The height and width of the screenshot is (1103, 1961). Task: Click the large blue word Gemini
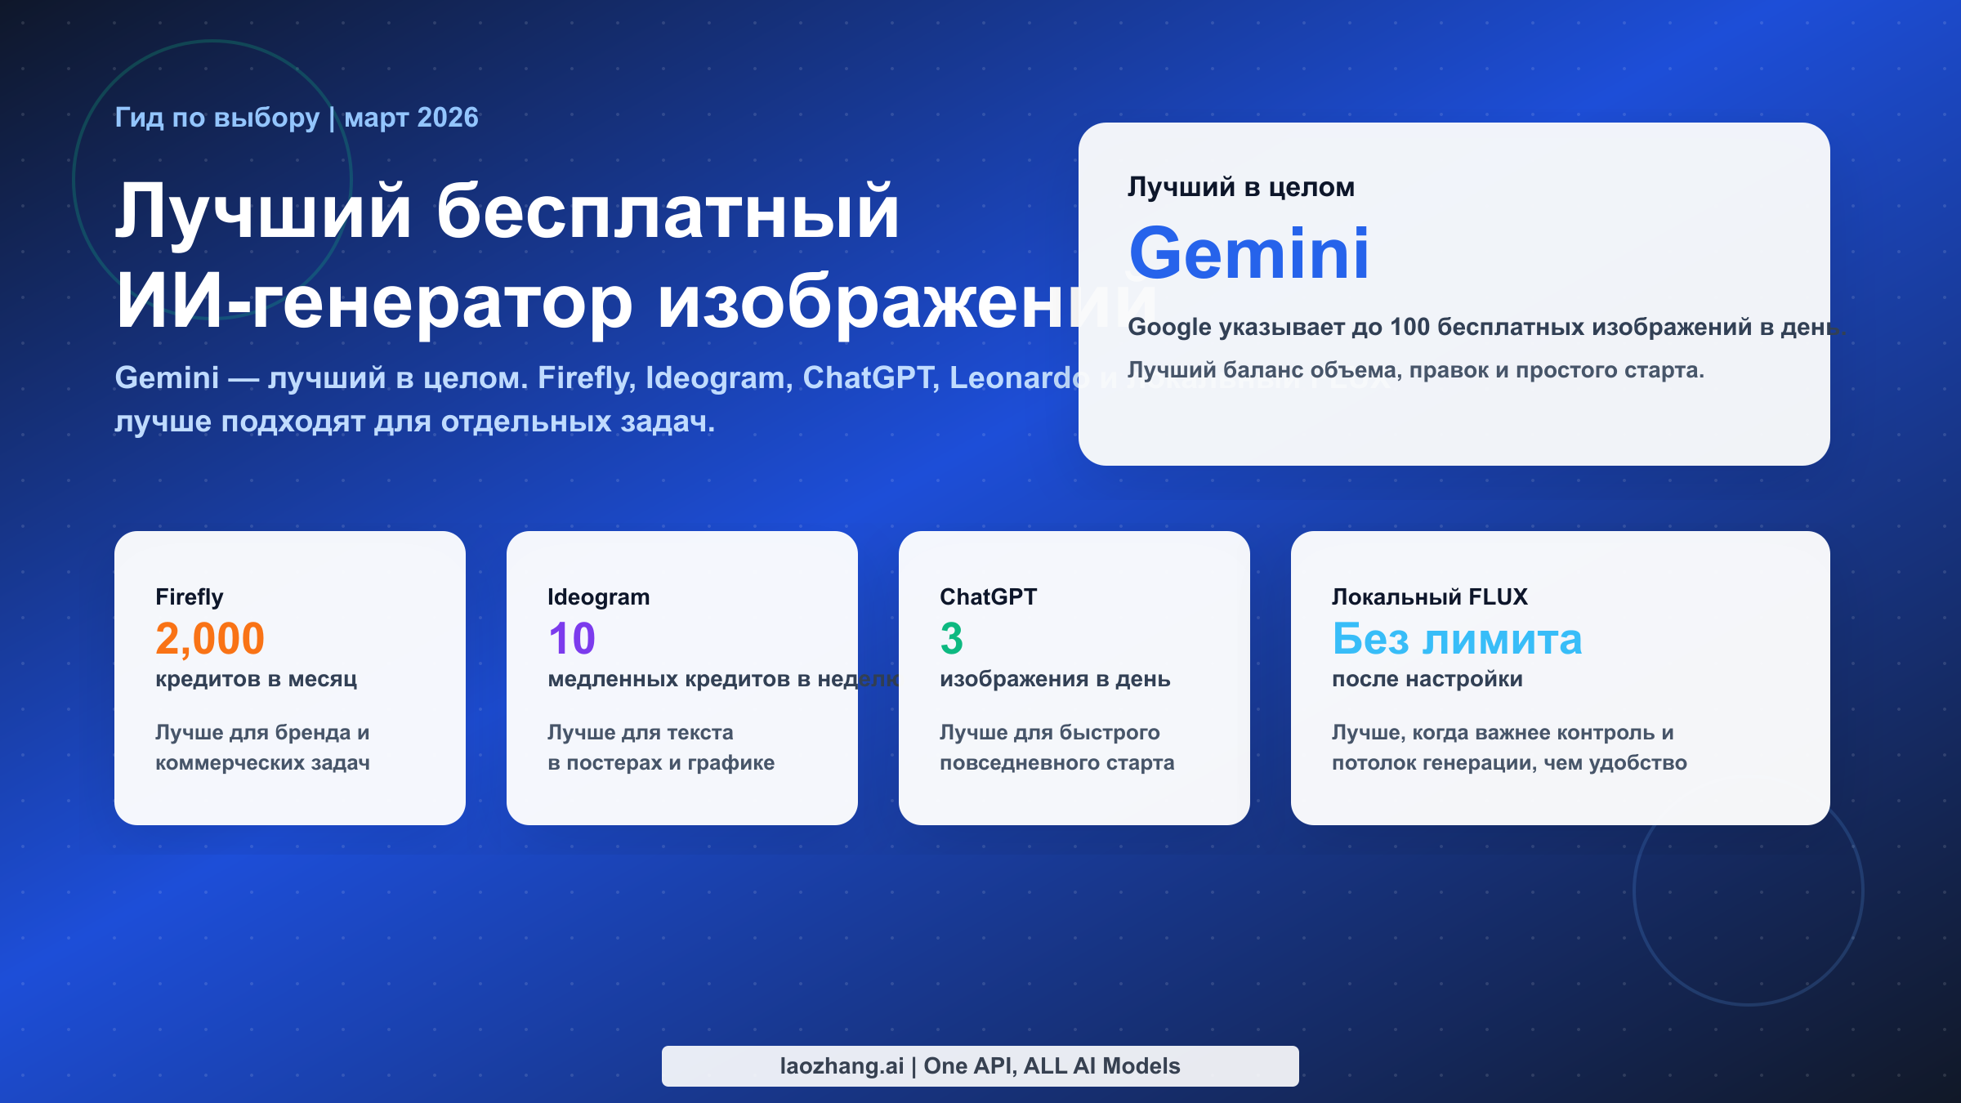1249,254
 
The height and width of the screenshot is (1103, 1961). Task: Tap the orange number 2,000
210,638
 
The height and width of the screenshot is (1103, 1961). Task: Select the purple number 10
572,638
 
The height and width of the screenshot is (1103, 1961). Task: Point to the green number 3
951,638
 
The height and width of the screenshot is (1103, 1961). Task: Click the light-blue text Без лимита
1457,638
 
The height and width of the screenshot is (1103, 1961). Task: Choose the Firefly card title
190,597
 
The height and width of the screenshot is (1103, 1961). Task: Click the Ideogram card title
599,597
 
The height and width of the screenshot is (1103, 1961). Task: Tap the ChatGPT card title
988,597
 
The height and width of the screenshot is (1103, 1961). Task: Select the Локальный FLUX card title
1429,597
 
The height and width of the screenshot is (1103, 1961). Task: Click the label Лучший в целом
1241,187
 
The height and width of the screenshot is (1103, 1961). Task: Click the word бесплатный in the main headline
668,212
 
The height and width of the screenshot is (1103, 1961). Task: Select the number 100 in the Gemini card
1409,328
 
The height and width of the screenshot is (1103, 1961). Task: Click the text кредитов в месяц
257,679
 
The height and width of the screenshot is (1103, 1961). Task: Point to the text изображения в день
1055,679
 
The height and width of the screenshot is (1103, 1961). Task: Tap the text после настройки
1427,679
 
